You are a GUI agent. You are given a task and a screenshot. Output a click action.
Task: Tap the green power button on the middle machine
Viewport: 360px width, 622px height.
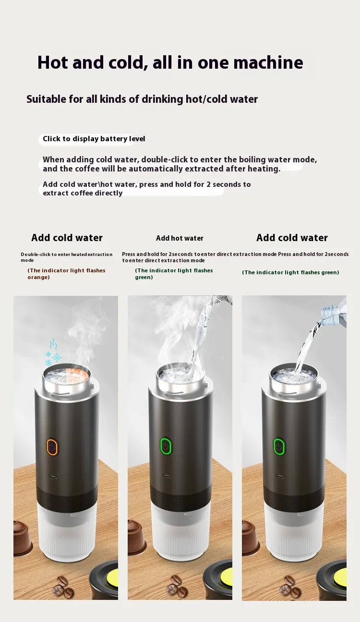point(166,446)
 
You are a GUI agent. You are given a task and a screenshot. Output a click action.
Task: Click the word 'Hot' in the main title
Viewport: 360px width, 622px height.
point(56,63)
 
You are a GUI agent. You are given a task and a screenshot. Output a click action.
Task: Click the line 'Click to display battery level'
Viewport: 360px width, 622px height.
point(94,139)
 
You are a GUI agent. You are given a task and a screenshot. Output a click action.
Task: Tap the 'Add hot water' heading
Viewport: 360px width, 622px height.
point(180,238)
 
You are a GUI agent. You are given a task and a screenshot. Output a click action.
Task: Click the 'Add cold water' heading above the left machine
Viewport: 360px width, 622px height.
point(67,238)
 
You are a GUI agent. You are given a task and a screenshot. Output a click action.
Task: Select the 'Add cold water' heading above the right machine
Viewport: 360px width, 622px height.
point(292,238)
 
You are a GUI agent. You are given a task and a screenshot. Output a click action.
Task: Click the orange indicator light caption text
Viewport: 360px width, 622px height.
point(66,274)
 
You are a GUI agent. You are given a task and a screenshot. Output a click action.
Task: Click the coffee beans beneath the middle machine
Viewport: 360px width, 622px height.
point(176,585)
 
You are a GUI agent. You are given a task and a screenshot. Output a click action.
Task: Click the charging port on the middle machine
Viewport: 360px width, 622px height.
point(166,476)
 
